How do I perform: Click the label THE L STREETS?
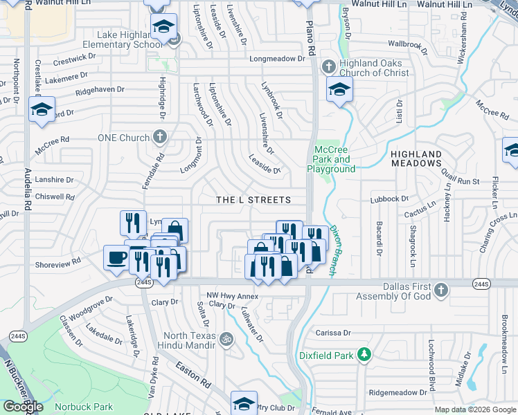[253, 200]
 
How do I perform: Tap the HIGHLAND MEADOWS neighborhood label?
[416, 158]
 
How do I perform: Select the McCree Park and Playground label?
[335, 159]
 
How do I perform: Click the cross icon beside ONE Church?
[160, 136]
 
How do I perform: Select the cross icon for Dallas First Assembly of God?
[442, 287]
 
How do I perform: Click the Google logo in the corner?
[23, 407]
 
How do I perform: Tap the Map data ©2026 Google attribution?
[475, 409]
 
